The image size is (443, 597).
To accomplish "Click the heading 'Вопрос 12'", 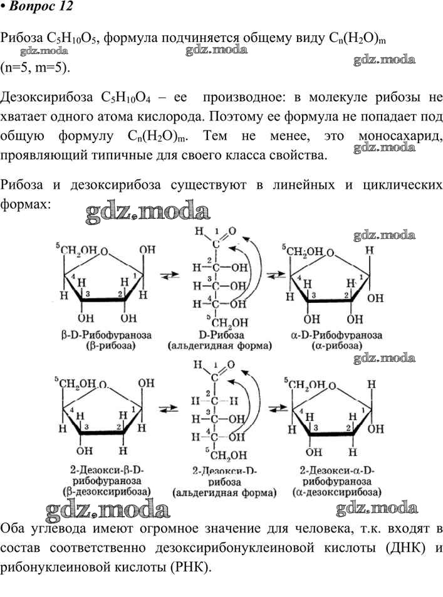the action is click(41, 6).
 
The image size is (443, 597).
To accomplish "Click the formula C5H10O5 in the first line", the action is click(72, 38).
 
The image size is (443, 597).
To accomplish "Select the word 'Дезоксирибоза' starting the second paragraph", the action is click(46, 97).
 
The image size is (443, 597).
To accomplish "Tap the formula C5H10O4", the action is click(126, 97).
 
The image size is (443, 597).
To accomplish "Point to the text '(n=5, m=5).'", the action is click(35, 67).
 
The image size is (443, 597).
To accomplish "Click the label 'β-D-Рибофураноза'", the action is click(106, 335).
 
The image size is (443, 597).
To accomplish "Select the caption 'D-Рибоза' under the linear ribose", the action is click(222, 335).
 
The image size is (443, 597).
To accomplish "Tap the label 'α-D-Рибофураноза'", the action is click(336, 335).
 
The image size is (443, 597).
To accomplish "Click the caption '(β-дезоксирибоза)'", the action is click(107, 492).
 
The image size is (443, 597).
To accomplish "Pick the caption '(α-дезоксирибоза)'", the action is click(337, 492).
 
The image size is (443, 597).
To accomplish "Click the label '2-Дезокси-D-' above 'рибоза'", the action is click(224, 472).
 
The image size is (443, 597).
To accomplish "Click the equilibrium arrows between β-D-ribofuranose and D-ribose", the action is click(170, 275).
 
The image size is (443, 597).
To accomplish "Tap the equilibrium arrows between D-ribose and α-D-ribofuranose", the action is click(276, 275).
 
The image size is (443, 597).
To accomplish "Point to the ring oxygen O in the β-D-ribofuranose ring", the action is click(104, 251).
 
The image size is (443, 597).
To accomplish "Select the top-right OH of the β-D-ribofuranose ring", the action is click(147, 250).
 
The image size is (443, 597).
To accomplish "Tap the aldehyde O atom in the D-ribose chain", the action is click(232, 231).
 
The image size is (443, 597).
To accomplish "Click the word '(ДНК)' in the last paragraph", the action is click(405, 547).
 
